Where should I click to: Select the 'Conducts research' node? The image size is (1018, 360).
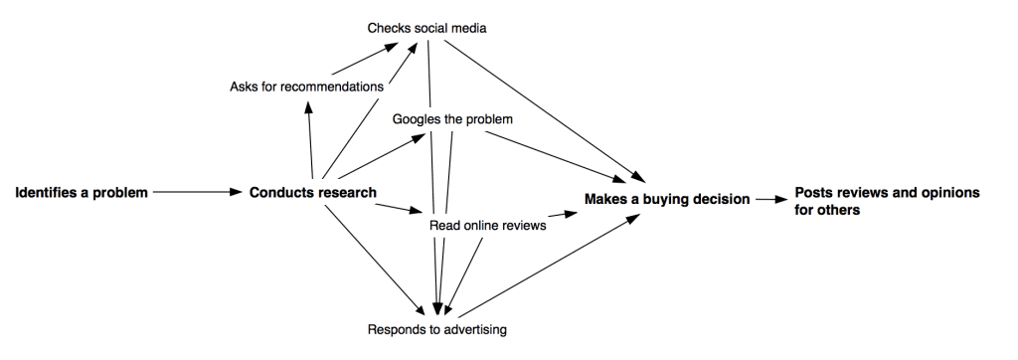pos(312,193)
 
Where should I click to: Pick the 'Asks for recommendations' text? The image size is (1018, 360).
pos(306,87)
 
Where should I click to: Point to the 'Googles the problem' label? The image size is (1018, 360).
pos(452,119)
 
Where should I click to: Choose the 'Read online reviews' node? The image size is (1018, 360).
pos(487,226)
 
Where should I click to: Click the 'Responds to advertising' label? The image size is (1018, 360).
pos(437,328)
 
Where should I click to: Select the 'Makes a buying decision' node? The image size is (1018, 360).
pos(667,199)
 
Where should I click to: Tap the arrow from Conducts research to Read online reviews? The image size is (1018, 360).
pos(403,209)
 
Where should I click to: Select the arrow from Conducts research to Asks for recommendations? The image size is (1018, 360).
pos(310,139)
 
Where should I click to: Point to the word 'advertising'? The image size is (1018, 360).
pos(475,328)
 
